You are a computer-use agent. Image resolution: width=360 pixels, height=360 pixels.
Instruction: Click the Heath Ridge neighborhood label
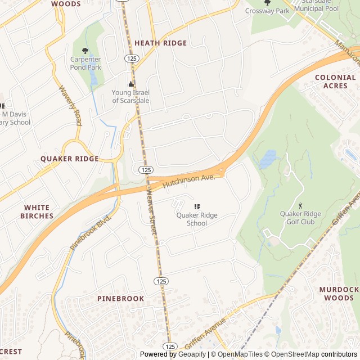pyautogui.click(x=160, y=43)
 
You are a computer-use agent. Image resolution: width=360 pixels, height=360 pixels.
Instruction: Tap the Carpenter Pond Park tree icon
pyautogui.click(x=85, y=51)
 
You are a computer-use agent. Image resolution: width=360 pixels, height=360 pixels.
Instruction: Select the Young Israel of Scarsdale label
pyautogui.click(x=130, y=96)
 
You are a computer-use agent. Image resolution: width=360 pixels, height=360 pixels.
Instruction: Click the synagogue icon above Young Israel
pyautogui.click(x=130, y=84)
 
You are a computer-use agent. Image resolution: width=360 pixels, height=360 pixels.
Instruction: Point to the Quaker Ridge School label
pyautogui.click(x=196, y=219)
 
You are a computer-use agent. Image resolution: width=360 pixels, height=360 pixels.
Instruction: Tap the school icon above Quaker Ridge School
pyautogui.click(x=197, y=207)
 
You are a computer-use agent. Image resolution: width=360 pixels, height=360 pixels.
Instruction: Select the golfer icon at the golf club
pyautogui.click(x=300, y=205)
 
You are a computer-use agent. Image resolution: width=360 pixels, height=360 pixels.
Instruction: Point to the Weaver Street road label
pyautogui.click(x=151, y=208)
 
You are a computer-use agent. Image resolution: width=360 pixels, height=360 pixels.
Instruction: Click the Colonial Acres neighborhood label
pyautogui.click(x=335, y=82)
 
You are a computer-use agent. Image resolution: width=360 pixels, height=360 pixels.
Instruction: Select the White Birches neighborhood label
pyautogui.click(x=37, y=211)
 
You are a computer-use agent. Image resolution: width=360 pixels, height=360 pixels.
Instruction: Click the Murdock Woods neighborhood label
pyautogui.click(x=339, y=293)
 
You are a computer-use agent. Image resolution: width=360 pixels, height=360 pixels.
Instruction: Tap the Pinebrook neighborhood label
pyautogui.click(x=120, y=298)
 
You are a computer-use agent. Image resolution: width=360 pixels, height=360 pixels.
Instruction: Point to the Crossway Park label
pyautogui.click(x=267, y=11)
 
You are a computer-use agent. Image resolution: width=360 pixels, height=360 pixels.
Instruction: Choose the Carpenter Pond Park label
pyautogui.click(x=85, y=63)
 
